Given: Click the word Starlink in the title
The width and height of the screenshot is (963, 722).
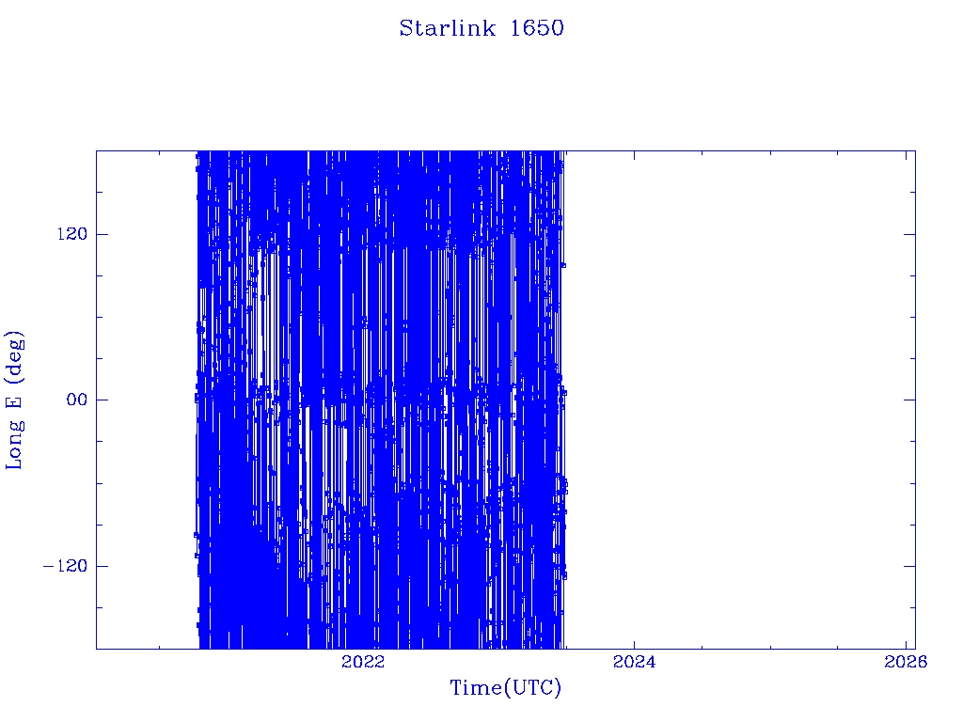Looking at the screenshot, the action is [447, 28].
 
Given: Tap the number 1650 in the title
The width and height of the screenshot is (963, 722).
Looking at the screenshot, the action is [537, 28].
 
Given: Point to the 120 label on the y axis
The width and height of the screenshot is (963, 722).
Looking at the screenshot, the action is [72, 234].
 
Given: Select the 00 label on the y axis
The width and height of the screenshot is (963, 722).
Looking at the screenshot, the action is [77, 400].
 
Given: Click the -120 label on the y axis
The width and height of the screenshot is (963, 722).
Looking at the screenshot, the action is [65, 565].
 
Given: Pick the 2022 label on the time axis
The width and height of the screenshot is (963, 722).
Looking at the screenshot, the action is [362, 661].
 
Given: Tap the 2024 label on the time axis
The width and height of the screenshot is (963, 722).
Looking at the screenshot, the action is [634, 661].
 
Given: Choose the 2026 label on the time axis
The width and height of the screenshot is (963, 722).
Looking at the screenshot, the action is [906, 661].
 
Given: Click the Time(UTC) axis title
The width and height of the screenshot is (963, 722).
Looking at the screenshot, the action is [505, 688].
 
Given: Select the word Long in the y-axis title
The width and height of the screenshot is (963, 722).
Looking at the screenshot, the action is [13, 444].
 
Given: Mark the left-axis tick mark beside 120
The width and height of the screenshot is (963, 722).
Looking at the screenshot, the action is [102, 234].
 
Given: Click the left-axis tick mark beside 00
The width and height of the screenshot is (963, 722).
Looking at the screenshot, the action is [102, 400].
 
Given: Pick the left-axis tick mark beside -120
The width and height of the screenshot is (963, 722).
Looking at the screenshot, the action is [102, 565].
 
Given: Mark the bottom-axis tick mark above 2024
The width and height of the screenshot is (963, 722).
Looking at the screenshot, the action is [634, 643].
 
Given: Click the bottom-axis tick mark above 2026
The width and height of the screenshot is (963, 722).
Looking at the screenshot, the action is [906, 643].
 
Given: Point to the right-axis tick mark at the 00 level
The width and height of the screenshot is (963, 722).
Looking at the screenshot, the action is [909, 400].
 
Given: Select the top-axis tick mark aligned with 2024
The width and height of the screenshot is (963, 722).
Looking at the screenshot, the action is [634, 156].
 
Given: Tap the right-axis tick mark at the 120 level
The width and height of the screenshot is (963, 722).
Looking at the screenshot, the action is [909, 234].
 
